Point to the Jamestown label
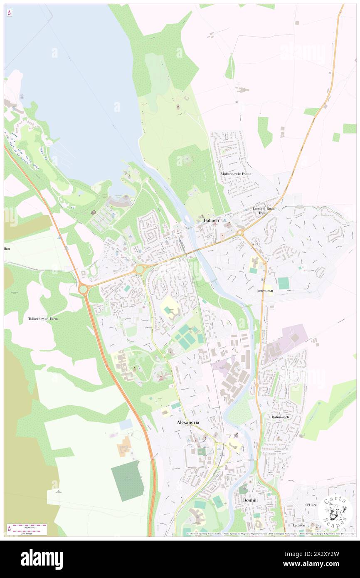click(265, 291)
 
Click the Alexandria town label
click(188, 422)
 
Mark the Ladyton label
click(298, 525)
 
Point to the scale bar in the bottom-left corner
click(27, 529)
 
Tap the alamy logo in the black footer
click(42, 559)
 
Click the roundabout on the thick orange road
click(83, 288)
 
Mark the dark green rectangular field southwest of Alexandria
click(128, 480)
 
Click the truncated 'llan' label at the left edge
click(7, 248)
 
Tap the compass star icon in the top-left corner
click(9, 13)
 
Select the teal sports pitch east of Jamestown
click(284, 283)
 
